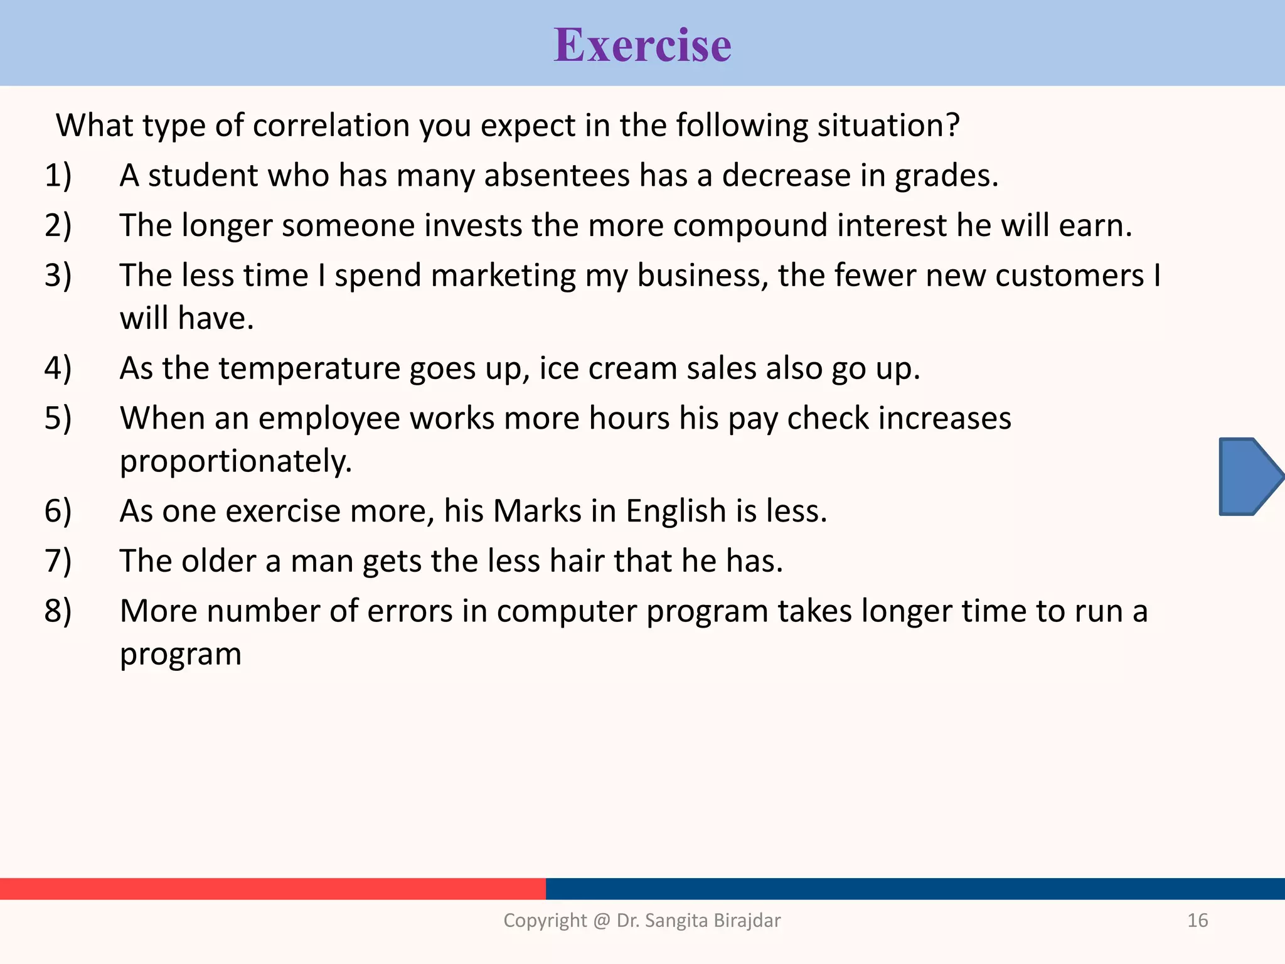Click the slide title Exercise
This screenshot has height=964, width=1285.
point(642,45)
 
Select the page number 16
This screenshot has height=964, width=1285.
point(1197,920)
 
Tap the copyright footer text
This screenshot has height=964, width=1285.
point(642,920)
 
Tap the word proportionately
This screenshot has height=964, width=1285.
point(236,461)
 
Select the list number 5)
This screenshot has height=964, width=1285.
point(58,418)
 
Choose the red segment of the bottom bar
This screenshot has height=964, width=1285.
point(272,889)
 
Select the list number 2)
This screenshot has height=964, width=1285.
point(58,225)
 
